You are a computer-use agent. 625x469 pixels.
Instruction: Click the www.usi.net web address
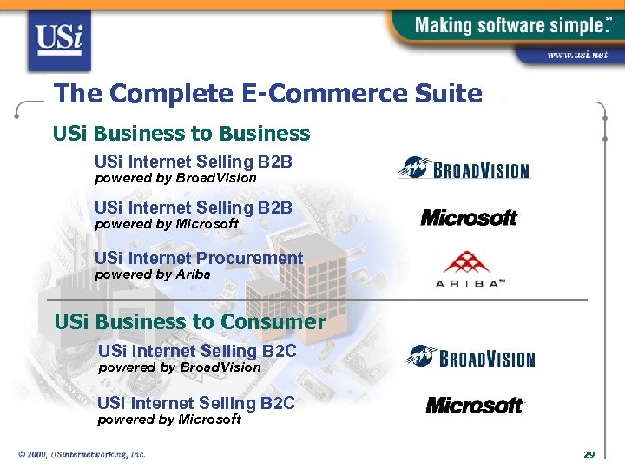tap(577, 55)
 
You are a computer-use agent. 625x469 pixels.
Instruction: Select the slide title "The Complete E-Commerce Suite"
tap(267, 93)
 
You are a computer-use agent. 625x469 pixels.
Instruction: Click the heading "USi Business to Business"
tap(181, 134)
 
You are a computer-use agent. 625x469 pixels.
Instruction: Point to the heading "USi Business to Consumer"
tap(189, 322)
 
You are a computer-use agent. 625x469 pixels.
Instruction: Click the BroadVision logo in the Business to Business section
tap(464, 168)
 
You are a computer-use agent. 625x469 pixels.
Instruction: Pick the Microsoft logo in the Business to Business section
tap(470, 217)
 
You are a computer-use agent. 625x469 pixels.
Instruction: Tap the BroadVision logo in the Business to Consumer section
tap(470, 356)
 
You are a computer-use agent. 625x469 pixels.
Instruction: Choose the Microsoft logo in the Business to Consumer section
tap(475, 405)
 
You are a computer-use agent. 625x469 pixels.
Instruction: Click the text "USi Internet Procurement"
tap(199, 258)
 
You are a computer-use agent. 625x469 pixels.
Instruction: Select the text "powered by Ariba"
tap(152, 274)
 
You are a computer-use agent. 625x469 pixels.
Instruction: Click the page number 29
tap(589, 455)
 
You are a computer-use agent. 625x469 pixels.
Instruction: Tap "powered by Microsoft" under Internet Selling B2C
tap(169, 419)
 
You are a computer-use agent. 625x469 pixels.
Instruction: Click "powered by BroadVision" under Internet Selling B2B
tap(175, 178)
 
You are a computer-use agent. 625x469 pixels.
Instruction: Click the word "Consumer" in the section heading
tap(273, 322)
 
